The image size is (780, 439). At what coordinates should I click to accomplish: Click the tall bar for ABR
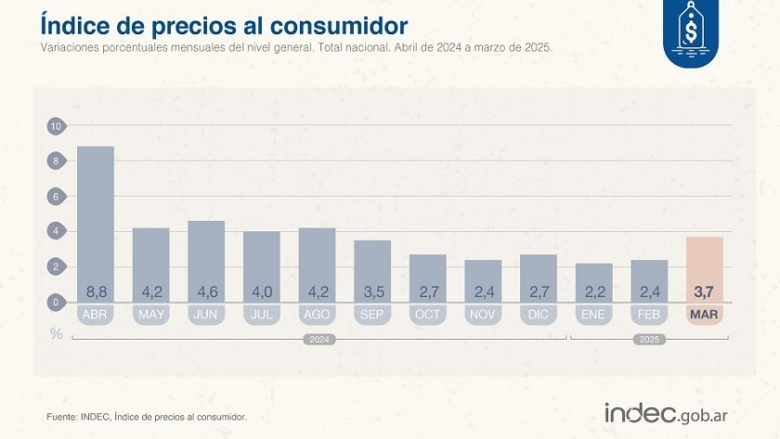(x=95, y=218)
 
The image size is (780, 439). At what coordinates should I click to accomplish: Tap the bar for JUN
(x=206, y=255)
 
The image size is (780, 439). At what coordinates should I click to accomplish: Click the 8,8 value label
(x=95, y=291)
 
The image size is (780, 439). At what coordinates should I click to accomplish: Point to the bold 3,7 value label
(x=704, y=291)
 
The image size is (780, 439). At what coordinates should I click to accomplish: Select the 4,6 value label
(x=206, y=291)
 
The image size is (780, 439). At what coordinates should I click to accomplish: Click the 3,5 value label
(x=372, y=291)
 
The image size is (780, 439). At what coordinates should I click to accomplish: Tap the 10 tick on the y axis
(x=56, y=126)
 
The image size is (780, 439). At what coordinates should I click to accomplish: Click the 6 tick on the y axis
(x=56, y=197)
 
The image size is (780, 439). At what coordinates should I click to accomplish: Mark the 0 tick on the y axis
(x=56, y=302)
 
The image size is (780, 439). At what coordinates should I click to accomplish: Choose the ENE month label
(x=593, y=315)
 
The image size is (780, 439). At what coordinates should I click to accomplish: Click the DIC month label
(x=539, y=315)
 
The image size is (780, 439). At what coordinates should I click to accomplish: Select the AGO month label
(x=317, y=315)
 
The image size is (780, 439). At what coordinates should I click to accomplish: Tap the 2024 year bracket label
(x=318, y=340)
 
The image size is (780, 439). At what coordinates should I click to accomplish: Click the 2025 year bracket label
(x=649, y=340)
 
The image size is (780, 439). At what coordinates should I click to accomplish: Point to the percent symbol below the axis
(x=57, y=333)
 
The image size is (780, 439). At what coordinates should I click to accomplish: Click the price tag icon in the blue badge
(x=691, y=31)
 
